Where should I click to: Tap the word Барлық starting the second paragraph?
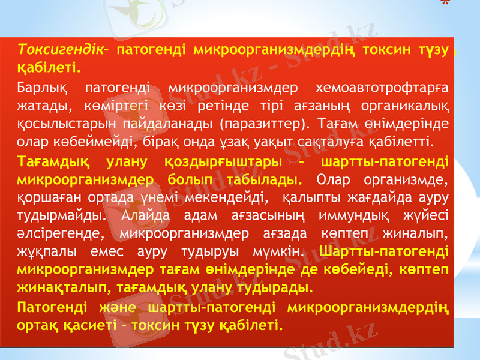point(43,90)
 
